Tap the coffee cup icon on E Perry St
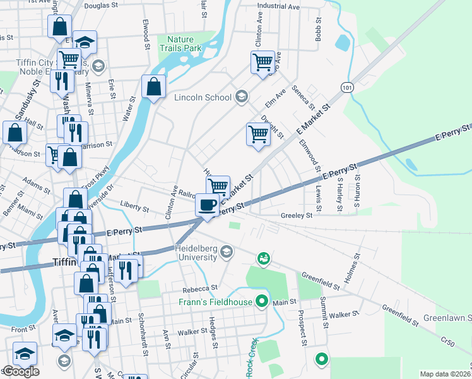[207, 205]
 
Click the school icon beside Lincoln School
[240, 97]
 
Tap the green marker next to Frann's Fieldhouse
[259, 302]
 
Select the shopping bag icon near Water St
[153, 87]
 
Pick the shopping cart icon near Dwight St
[257, 134]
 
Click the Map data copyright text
[445, 374]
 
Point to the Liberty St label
[135, 208]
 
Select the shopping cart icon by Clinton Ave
[263, 63]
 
